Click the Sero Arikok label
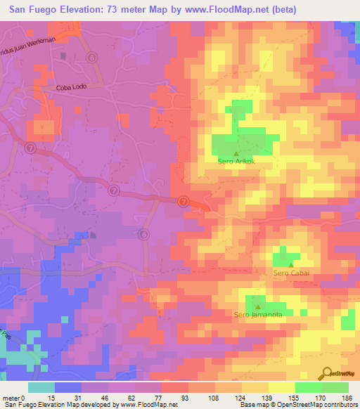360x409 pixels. click(235, 162)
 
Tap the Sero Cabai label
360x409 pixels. click(291, 273)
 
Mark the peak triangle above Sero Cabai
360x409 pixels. click(291, 264)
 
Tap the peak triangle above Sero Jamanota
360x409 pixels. click(258, 306)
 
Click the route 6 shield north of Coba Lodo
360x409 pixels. click(91, 57)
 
